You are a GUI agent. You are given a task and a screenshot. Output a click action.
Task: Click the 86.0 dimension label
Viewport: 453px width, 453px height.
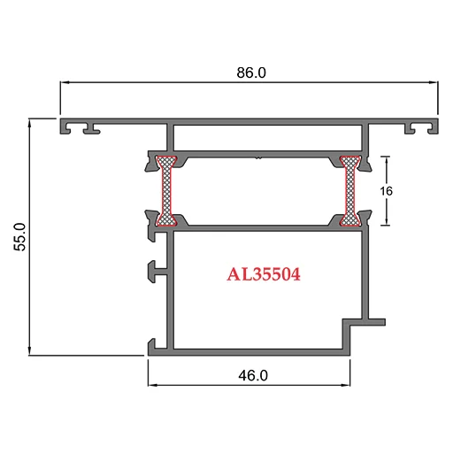click(251, 73)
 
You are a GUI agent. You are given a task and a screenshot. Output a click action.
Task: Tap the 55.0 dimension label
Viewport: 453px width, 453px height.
click(20, 237)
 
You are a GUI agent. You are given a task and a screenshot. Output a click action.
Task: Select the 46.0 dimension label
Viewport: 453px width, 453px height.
click(253, 375)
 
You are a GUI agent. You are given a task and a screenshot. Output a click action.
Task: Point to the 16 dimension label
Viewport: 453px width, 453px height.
click(386, 191)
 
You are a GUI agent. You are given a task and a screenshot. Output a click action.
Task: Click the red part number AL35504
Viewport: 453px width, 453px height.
click(264, 274)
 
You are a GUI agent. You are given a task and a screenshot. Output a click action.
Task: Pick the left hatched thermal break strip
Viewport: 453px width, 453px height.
click(166, 191)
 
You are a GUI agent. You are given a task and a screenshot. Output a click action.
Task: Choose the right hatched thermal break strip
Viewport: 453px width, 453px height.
click(350, 191)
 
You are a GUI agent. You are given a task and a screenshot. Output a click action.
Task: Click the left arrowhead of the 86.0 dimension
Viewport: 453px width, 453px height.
click(65, 82)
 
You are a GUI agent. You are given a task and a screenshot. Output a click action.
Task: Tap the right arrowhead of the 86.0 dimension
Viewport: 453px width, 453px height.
click(434, 82)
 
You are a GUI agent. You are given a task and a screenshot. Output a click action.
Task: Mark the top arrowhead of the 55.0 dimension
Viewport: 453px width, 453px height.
click(29, 123)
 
